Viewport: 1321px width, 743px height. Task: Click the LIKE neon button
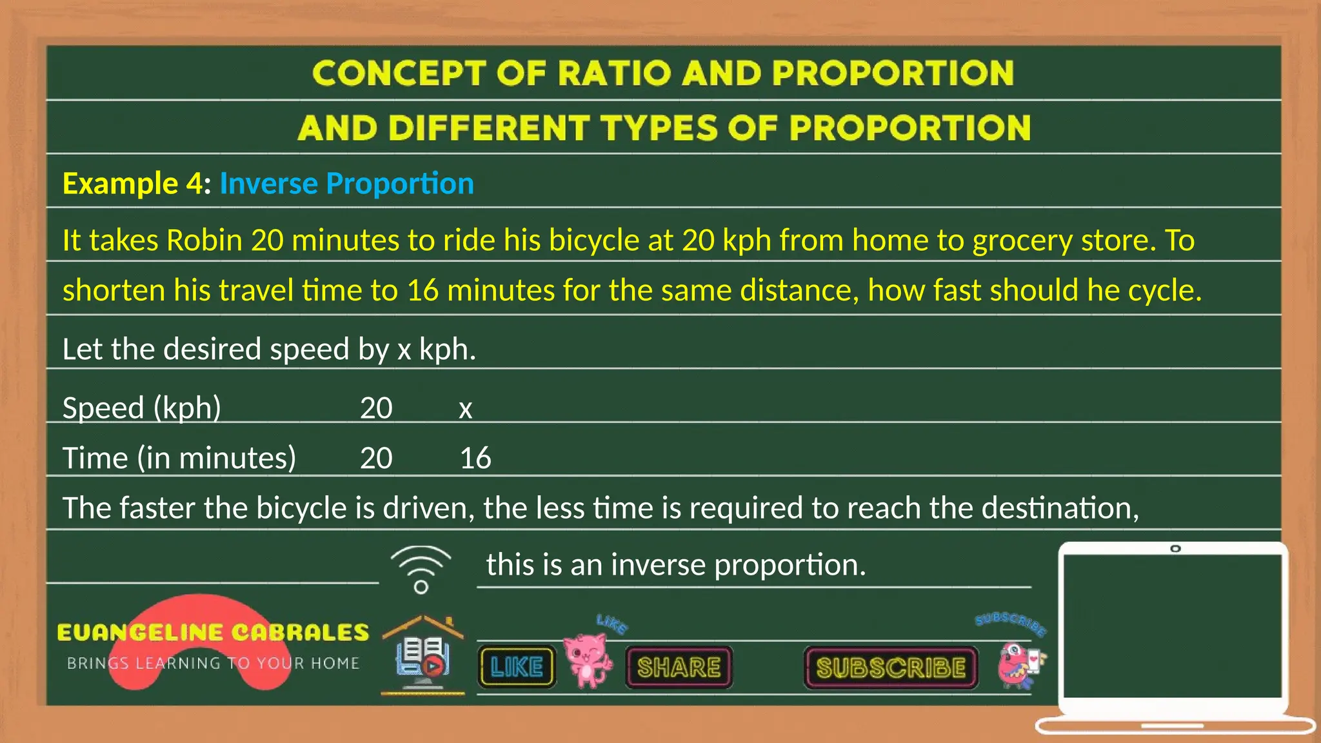[x=517, y=667]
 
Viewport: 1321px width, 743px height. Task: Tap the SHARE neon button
[x=679, y=668]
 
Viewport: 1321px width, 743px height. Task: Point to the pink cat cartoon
[x=586, y=660]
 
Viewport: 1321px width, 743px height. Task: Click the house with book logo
[x=422, y=655]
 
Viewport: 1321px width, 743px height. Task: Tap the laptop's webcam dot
[x=1175, y=549]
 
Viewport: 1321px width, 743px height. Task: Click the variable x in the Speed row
[x=465, y=409]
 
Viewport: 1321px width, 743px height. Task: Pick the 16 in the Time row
[x=475, y=459]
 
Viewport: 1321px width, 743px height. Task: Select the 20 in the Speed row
[x=376, y=408]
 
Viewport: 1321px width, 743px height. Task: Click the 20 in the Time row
[x=376, y=459]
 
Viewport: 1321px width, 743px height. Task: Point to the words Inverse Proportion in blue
[x=346, y=184]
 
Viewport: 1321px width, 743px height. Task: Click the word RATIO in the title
[x=613, y=73]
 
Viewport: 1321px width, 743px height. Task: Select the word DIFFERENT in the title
[x=489, y=128]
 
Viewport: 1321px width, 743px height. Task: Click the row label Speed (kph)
[x=142, y=408]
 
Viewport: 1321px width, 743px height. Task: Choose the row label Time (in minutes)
[x=179, y=459]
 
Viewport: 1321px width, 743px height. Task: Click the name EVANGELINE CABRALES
[x=213, y=632]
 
